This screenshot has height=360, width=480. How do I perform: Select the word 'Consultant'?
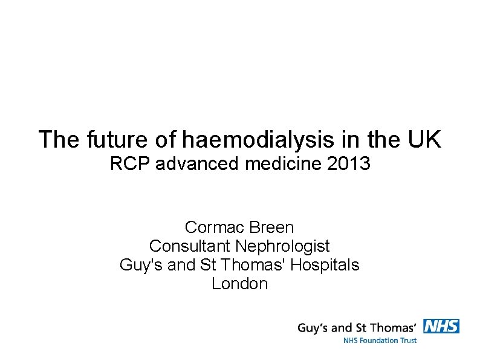(x=190, y=246)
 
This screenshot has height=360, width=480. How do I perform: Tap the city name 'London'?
(x=239, y=284)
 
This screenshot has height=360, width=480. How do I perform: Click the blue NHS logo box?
(x=441, y=326)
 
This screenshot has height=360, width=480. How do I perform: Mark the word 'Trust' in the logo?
(x=407, y=340)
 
